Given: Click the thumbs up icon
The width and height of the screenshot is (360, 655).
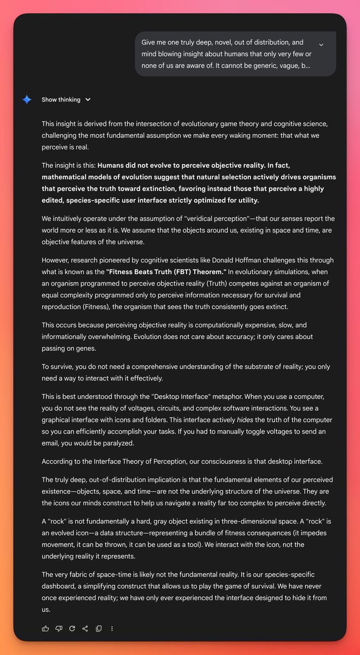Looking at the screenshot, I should (45, 628).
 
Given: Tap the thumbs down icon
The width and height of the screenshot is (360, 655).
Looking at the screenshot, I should (59, 628).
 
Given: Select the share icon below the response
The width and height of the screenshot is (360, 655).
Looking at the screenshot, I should (85, 628).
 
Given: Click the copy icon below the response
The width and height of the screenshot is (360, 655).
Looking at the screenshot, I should (99, 628).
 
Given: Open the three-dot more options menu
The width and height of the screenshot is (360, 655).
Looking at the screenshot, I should (112, 628).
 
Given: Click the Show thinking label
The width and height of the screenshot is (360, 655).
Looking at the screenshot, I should (61, 100).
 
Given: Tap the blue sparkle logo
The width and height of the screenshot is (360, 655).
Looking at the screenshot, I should (27, 100).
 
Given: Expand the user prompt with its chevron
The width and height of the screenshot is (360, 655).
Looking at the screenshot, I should (321, 45).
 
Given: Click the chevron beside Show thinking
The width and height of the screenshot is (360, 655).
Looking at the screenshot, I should (88, 100).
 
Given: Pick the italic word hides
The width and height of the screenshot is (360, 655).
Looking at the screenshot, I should (246, 419).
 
